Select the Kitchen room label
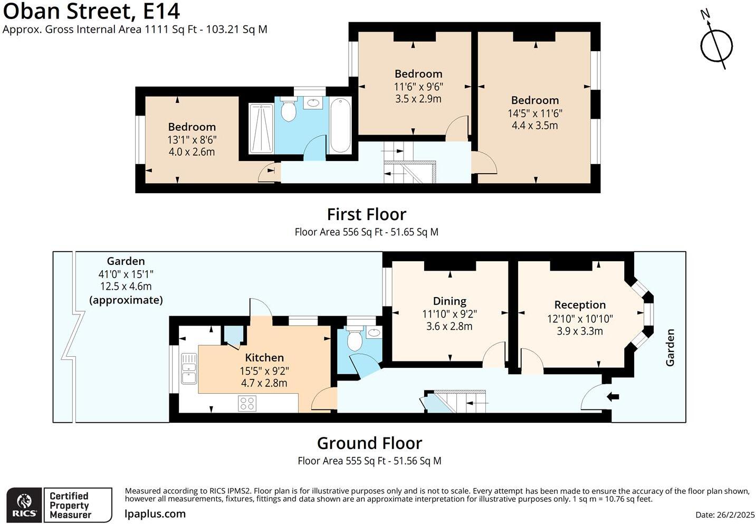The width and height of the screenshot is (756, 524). tap(264, 357)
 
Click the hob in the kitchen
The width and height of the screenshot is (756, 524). tap(247, 403)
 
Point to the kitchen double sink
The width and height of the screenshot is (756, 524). tap(189, 368)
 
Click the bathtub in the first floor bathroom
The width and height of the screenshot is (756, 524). tap(340, 125)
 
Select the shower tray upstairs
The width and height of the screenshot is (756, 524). tap(261, 128)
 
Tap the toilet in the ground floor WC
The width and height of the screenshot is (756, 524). tap(355, 338)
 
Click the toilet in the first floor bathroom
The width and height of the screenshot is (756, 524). tap(288, 109)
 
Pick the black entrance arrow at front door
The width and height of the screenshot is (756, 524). tap(613, 397)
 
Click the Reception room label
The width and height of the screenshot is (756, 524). tap(580, 304)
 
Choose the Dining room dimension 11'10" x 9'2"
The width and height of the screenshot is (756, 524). tap(449, 314)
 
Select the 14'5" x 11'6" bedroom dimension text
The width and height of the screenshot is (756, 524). tap(535, 113)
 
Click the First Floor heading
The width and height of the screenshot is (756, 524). tap(367, 214)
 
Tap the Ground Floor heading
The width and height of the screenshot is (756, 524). tap(370, 443)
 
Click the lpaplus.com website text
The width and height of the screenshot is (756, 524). tap(155, 514)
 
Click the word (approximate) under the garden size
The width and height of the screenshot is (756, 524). tap(126, 300)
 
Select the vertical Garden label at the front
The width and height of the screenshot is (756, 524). tap(669, 347)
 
